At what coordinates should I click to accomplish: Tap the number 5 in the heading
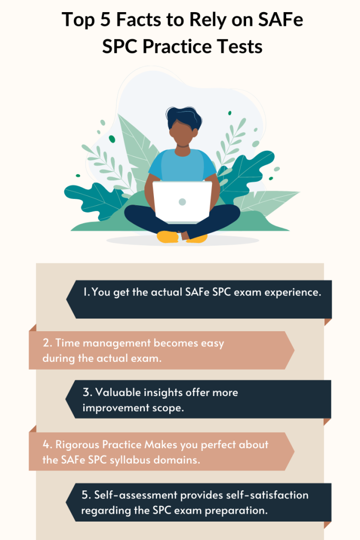click(x=105, y=20)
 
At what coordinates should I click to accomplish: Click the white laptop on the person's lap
click(x=182, y=202)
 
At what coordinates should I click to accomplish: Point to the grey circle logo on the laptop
click(x=182, y=202)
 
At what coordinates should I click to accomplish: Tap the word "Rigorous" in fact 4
click(x=77, y=445)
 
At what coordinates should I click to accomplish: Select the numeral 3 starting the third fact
click(x=86, y=392)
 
